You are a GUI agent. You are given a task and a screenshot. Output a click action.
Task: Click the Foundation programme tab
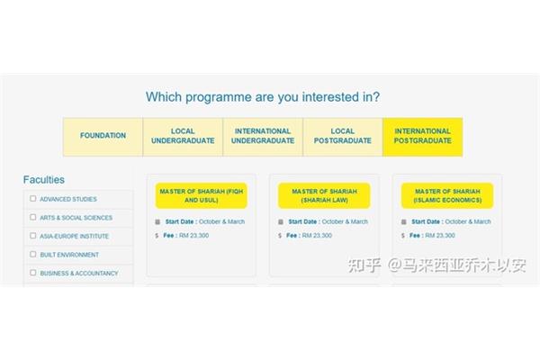tap(103, 137)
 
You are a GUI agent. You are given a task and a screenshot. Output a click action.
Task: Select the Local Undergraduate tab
tap(183, 137)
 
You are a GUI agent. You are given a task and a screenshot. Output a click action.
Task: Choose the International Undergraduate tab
tap(263, 137)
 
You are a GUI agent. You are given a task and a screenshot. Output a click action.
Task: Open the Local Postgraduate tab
tap(343, 137)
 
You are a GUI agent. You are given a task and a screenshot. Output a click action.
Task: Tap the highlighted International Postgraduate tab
tap(423, 137)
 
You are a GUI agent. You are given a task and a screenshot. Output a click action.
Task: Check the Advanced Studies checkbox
tap(33, 198)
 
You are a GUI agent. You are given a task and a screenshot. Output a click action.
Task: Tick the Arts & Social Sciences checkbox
tap(33, 217)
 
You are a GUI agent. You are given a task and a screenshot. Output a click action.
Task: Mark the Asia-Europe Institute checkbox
tap(33, 236)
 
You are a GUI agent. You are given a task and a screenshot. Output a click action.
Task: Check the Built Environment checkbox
tap(33, 254)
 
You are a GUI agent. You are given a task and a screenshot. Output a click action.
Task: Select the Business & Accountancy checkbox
tap(33, 273)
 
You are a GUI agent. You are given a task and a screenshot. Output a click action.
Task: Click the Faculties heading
tap(44, 180)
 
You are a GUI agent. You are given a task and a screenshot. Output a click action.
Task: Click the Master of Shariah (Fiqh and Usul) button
tap(201, 195)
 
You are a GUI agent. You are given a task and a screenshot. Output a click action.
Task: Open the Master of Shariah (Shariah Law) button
tap(324, 195)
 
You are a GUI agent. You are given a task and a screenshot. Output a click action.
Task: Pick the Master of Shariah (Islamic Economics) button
tap(447, 195)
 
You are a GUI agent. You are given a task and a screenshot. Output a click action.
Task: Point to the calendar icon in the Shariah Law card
tap(281, 222)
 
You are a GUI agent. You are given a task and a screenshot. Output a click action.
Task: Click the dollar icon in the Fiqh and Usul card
tap(157, 236)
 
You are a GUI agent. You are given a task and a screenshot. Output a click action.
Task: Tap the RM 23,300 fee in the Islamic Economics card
tap(440, 235)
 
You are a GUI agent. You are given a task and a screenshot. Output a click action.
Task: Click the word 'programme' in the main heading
tap(219, 97)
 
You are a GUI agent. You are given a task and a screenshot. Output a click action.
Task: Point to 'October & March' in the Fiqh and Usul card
tap(221, 221)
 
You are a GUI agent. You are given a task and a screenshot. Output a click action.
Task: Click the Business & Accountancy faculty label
tap(79, 274)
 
